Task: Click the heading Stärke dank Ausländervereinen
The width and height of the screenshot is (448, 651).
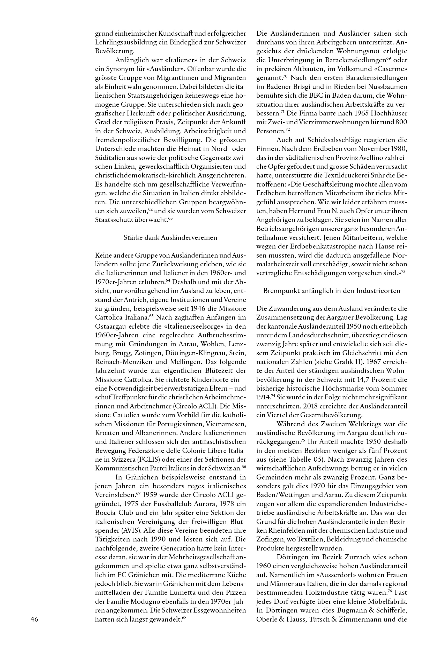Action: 170,237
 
